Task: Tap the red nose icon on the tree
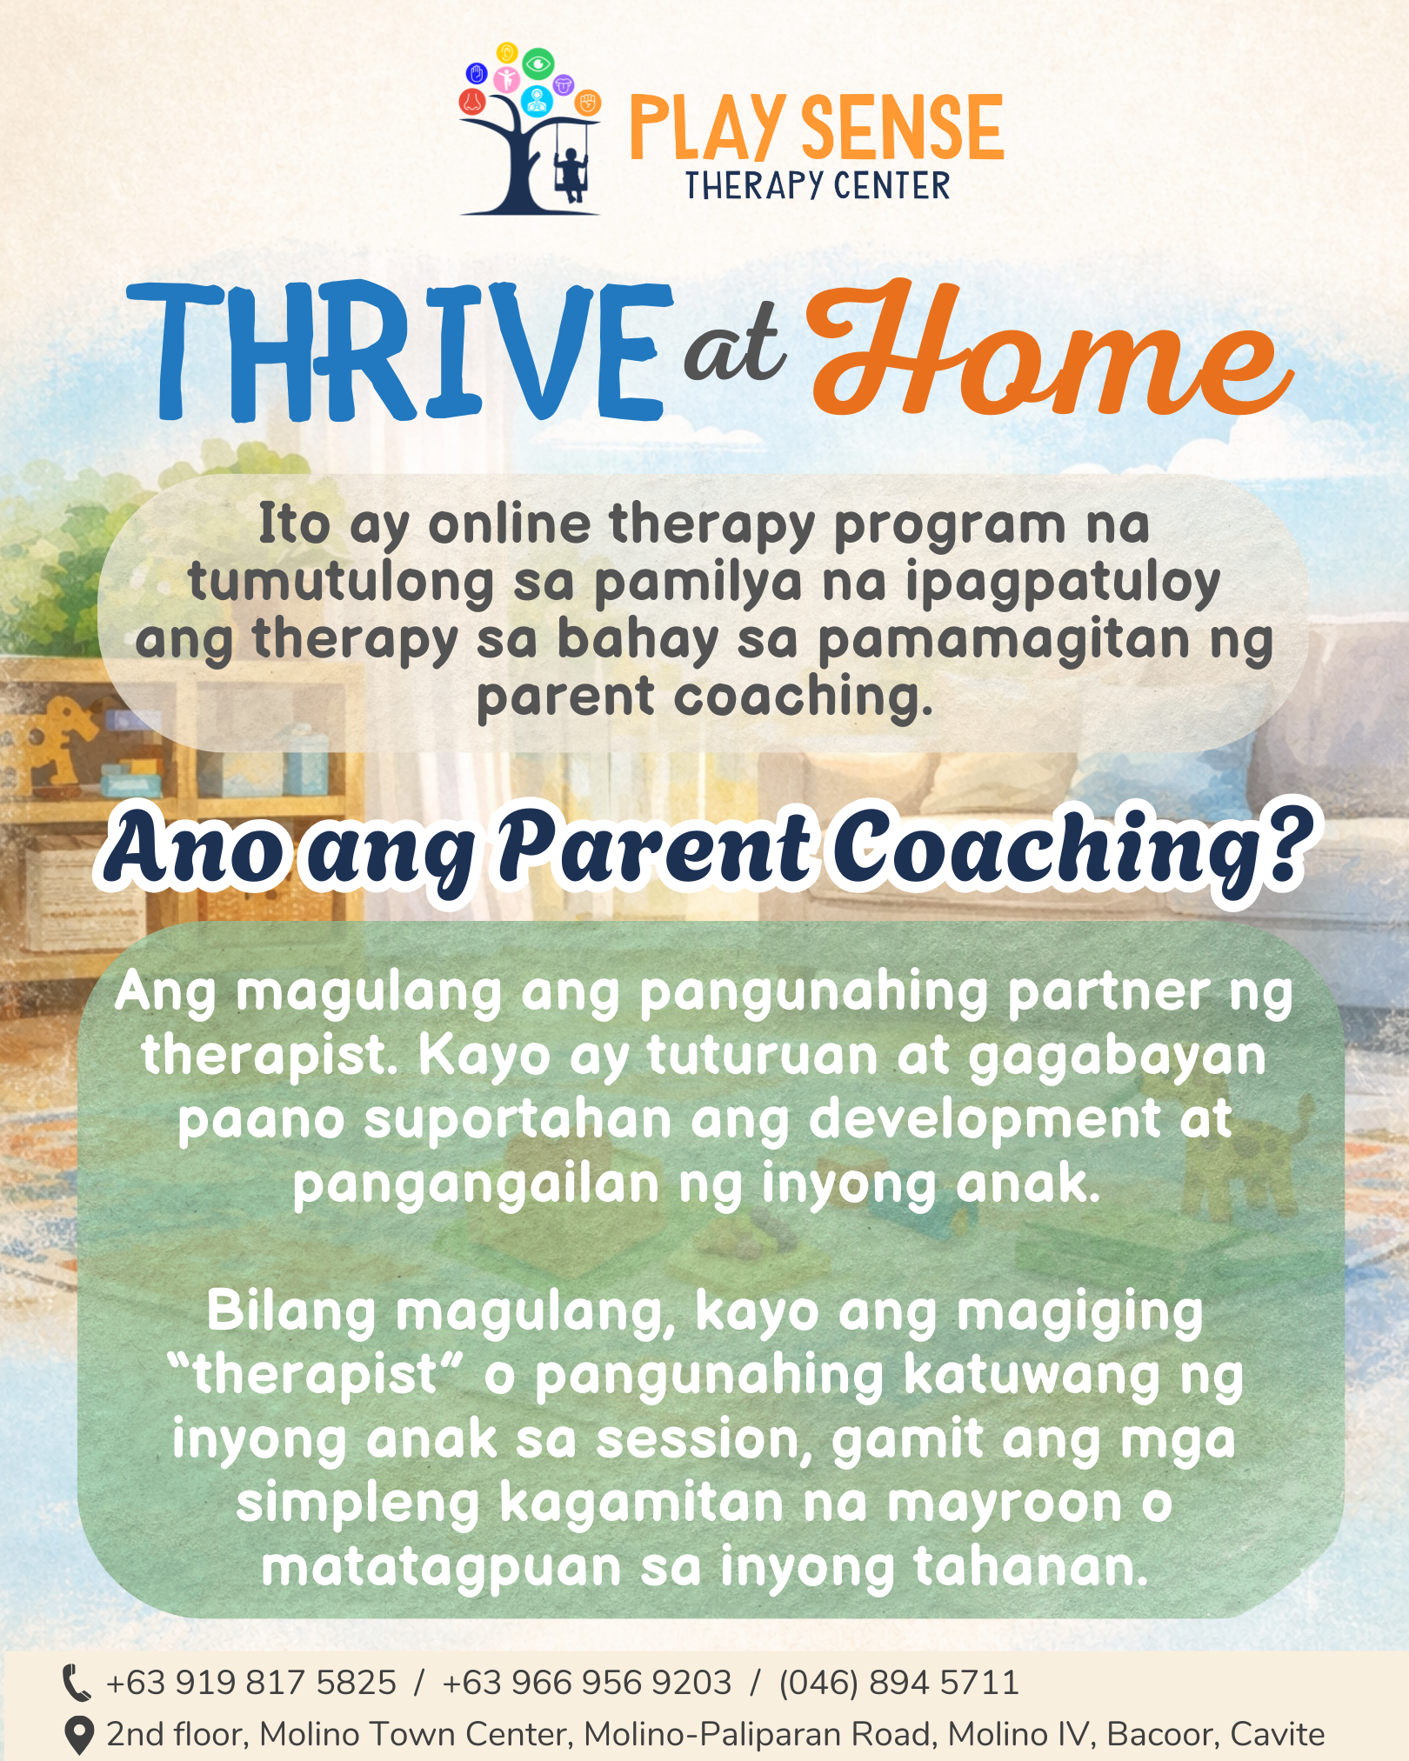tap(471, 102)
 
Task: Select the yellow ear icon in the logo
tap(506, 53)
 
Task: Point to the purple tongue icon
tap(564, 85)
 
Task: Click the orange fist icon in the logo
tap(588, 103)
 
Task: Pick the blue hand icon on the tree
tap(477, 72)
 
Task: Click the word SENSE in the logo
tap(901, 128)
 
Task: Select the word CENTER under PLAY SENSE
tap(891, 186)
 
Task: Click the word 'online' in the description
tap(510, 524)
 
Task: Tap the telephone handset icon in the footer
tap(77, 1683)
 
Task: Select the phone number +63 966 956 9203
tap(587, 1683)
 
